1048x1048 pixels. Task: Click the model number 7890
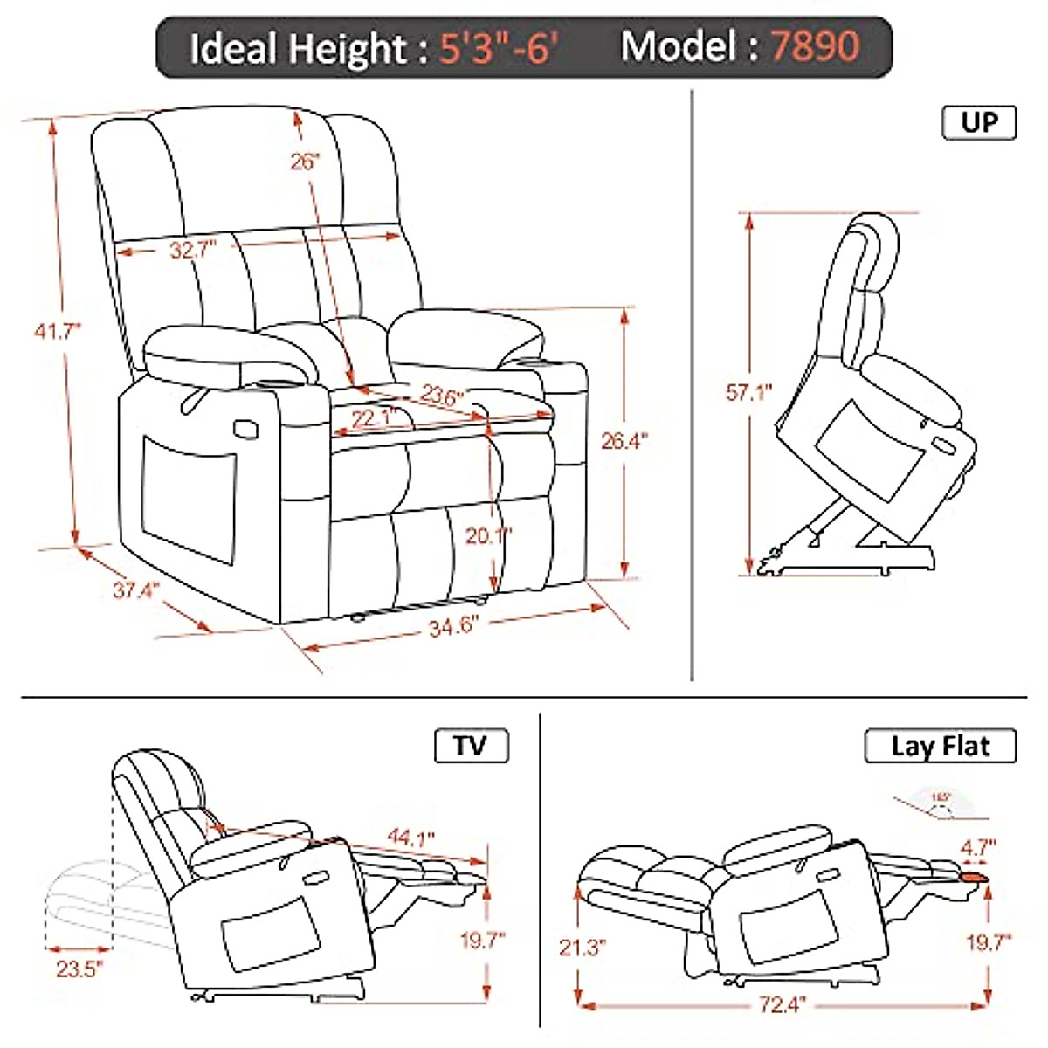pos(814,45)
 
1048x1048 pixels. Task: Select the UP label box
pos(979,122)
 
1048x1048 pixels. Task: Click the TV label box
pos(471,747)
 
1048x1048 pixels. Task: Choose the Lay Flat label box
pos(941,747)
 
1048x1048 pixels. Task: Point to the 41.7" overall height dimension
pos(58,331)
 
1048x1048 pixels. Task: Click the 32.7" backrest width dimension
pos(192,251)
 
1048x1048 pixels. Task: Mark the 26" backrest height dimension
pos(306,162)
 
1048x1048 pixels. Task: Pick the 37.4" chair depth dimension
pos(134,590)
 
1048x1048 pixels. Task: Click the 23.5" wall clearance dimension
pos(77,968)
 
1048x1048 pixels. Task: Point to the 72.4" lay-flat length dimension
pos(779,1005)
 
